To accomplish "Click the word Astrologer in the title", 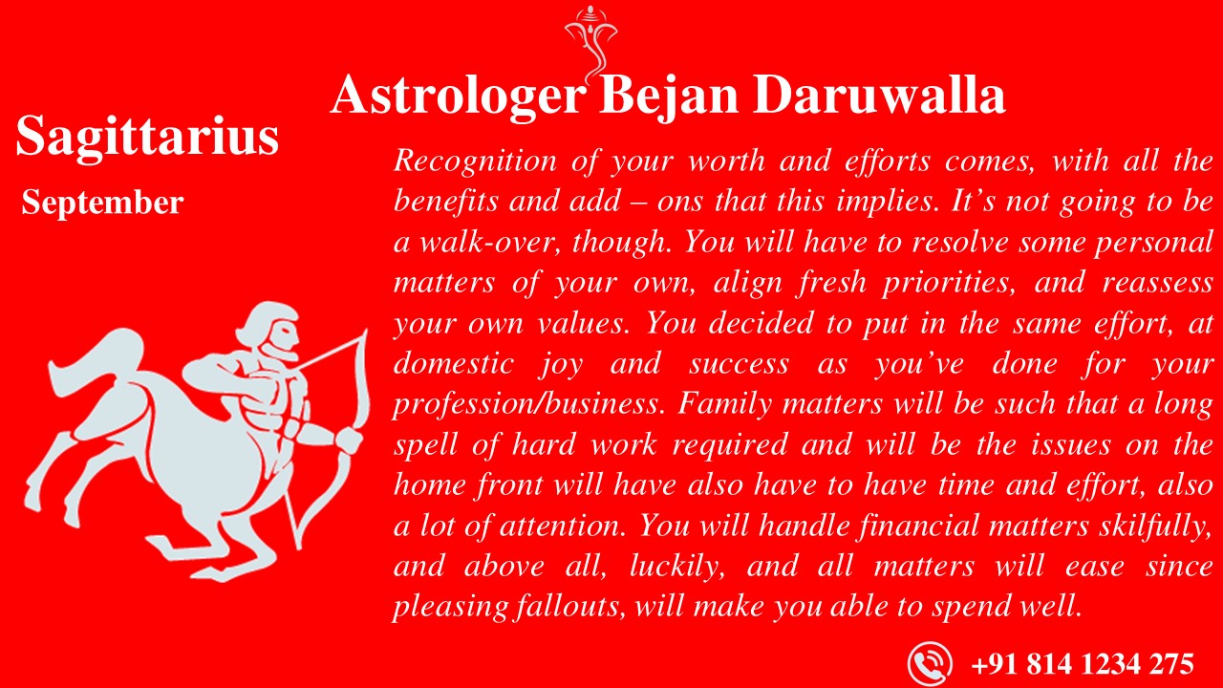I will tap(457, 97).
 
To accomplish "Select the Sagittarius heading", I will tap(147, 137).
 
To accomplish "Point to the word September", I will tap(102, 203).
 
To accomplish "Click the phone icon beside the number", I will tap(929, 663).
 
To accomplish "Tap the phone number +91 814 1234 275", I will tap(1082, 663).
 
